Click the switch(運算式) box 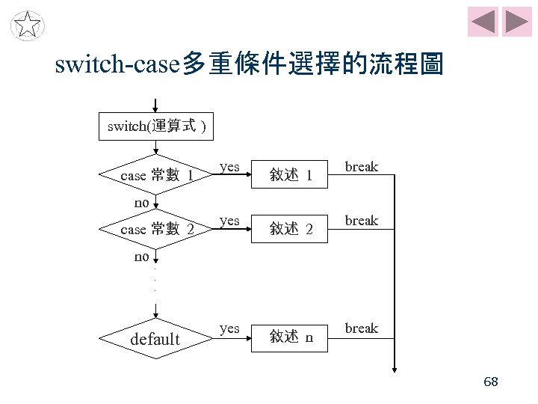(155, 126)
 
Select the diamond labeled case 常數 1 (155, 176)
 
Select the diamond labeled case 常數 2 (155, 229)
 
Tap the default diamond (155, 339)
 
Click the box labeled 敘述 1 (289, 176)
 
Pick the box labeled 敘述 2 (289, 229)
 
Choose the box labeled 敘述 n (289, 337)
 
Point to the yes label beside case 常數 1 (229, 166)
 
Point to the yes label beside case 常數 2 (229, 220)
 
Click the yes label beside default (229, 328)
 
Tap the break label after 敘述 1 (362, 166)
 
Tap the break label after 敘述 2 (362, 220)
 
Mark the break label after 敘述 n (362, 328)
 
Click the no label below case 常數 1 (142, 202)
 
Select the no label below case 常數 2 (142, 257)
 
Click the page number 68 (491, 382)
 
